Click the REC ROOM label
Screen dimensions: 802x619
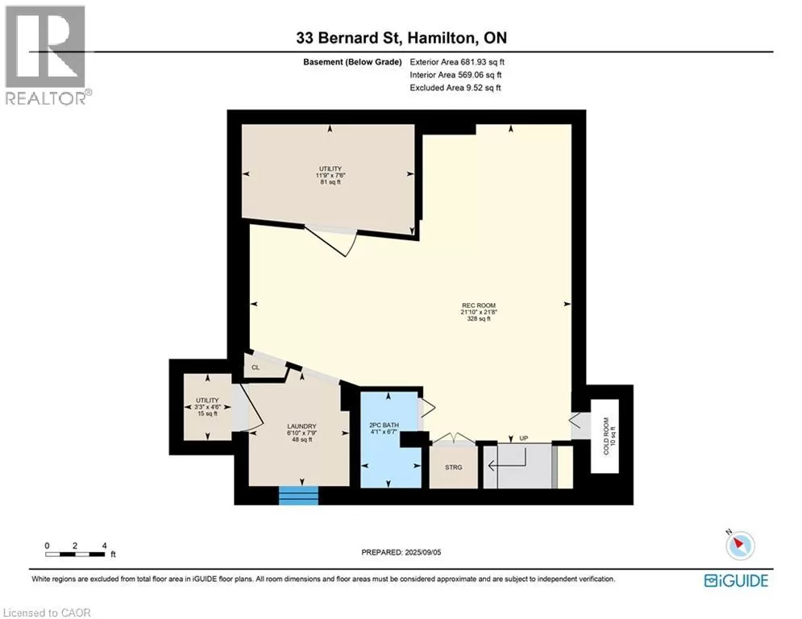pyautogui.click(x=479, y=305)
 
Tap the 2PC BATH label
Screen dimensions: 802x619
pyautogui.click(x=384, y=425)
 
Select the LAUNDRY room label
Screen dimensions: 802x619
pyautogui.click(x=301, y=426)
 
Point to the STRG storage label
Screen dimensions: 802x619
pyautogui.click(x=454, y=467)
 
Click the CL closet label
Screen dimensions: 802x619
pyautogui.click(x=256, y=368)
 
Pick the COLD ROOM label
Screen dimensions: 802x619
pyautogui.click(x=606, y=436)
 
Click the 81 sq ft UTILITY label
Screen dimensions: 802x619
pyautogui.click(x=330, y=168)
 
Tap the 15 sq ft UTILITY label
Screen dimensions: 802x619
pyautogui.click(x=207, y=400)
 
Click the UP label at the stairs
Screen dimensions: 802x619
pyautogui.click(x=524, y=438)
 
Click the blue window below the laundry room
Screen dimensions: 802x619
pyautogui.click(x=299, y=496)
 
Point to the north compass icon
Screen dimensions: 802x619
pyautogui.click(x=740, y=545)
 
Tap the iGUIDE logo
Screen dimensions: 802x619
pyautogui.click(x=736, y=580)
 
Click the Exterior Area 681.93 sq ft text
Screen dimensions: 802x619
pyautogui.click(x=457, y=62)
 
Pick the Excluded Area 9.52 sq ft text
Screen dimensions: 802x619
pyautogui.click(x=455, y=88)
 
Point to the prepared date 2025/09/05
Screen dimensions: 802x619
pyautogui.click(x=422, y=552)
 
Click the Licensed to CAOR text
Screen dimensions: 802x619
pyautogui.click(x=47, y=613)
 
